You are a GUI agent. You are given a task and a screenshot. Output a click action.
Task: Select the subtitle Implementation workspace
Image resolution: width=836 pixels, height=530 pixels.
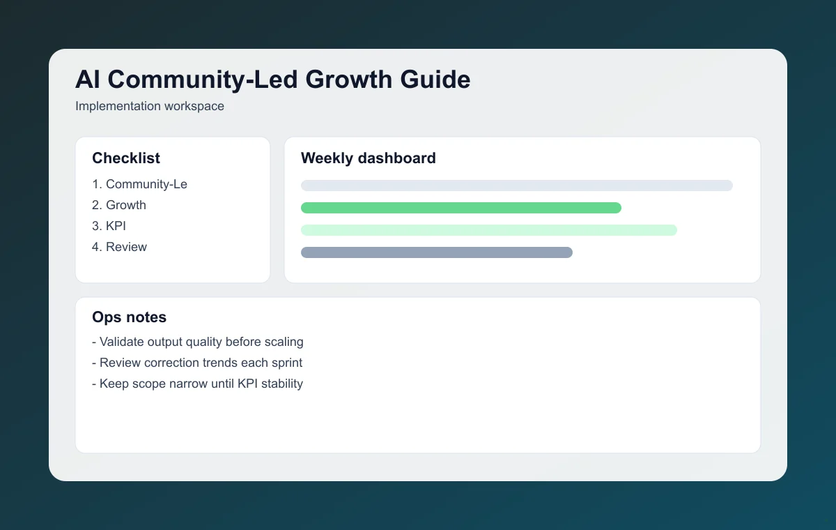pyautogui.click(x=149, y=107)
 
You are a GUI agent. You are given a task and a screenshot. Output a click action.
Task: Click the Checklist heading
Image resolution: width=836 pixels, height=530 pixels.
pyautogui.click(x=126, y=158)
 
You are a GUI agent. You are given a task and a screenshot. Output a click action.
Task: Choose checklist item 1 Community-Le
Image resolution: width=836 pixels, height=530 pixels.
pyautogui.click(x=139, y=184)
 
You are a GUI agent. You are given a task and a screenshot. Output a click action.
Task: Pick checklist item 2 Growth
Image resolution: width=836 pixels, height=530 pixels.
pyautogui.click(x=119, y=205)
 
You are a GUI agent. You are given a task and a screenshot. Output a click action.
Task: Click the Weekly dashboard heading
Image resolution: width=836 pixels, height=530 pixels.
pyautogui.click(x=368, y=158)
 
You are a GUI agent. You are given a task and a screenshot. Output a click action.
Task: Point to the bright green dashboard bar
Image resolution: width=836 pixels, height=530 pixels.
pyautogui.click(x=460, y=208)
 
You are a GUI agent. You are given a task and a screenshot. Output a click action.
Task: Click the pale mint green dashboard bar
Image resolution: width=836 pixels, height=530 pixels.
pyautogui.click(x=488, y=230)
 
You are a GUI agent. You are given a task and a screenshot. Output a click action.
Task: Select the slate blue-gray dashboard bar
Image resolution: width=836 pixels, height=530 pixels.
pyautogui.click(x=436, y=252)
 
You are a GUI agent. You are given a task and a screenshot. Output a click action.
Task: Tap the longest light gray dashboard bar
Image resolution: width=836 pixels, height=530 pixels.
pyautogui.click(x=516, y=185)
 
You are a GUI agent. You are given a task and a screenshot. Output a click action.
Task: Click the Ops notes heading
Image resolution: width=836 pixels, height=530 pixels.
pyautogui.click(x=129, y=317)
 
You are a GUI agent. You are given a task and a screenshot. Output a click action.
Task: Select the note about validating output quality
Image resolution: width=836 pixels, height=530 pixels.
pyautogui.click(x=197, y=342)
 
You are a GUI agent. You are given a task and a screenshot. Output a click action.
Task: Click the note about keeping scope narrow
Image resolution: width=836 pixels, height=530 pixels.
pyautogui.click(x=197, y=384)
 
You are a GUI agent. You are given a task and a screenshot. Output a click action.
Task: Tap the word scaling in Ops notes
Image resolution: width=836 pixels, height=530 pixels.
pyautogui.click(x=283, y=342)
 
